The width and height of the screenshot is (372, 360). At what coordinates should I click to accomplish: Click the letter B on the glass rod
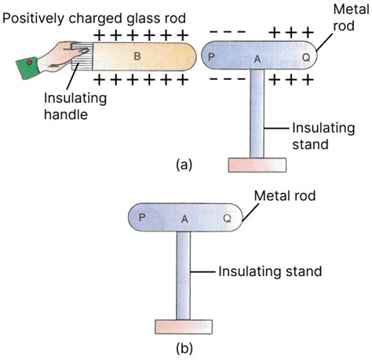coord(137,56)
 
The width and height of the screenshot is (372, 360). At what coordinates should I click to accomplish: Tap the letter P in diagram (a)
coord(211,57)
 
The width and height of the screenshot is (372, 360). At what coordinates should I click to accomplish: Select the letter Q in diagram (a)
coord(306,57)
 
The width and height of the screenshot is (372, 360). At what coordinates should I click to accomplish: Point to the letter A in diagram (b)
coord(184,219)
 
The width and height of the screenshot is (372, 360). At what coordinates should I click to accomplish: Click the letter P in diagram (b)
coord(142,217)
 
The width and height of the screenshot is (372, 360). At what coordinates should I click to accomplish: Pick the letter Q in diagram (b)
coord(228,218)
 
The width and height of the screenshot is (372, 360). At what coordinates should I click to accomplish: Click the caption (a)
coord(184,165)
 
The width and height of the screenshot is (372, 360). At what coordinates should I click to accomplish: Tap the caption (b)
coord(184,348)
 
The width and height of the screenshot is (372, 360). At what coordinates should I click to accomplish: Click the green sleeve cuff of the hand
coord(27,68)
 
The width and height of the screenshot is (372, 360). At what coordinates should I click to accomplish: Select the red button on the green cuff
coord(30,63)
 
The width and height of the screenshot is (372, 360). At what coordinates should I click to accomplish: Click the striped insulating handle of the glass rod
coord(82,56)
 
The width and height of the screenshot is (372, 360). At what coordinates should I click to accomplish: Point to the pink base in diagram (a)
coord(257,165)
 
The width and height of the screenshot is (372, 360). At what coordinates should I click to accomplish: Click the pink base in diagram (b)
coord(184,327)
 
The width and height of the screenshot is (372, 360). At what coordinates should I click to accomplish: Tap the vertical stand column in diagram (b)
coord(183,275)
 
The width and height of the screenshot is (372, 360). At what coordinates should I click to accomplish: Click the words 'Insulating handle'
coord(75,106)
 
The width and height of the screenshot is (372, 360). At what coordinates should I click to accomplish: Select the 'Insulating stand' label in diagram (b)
coord(270,271)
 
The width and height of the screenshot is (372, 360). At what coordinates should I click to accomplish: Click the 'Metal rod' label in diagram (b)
coord(285,196)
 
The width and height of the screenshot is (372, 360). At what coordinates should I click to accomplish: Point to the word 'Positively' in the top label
coord(33,19)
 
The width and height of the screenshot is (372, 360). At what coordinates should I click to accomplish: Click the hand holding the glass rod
coord(64,57)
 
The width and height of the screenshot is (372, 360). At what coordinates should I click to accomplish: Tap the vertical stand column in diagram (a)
coord(257,114)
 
